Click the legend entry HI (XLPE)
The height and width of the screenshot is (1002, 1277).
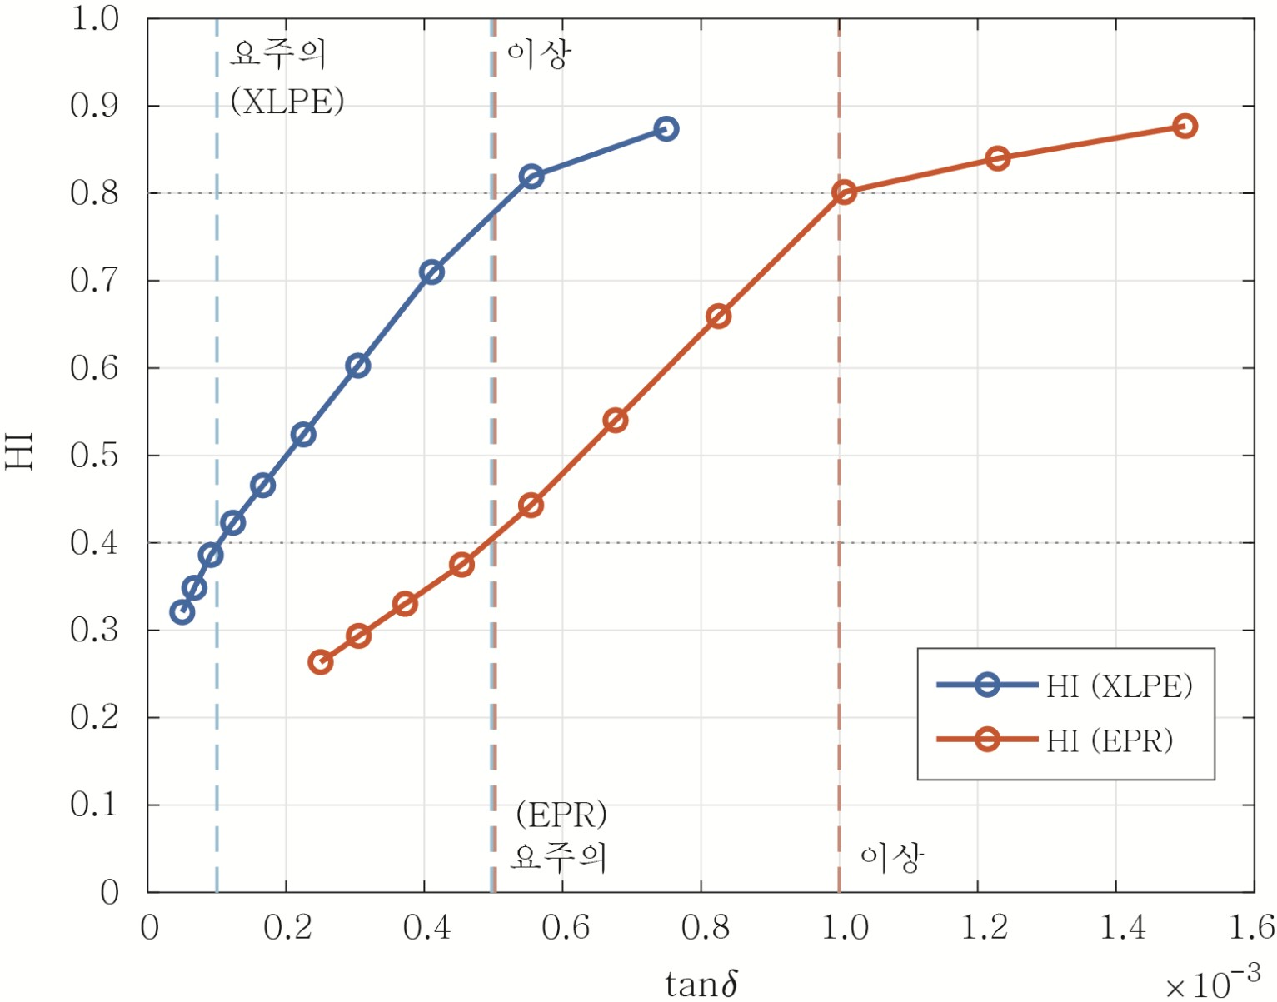[x=1119, y=686]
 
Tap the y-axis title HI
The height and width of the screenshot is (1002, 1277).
[x=20, y=451]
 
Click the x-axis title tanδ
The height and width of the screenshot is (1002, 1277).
[x=701, y=984]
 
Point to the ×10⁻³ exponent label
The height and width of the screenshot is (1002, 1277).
[x=1212, y=982]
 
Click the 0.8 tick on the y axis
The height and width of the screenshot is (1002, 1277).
[x=94, y=193]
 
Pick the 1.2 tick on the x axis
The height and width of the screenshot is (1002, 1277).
[x=984, y=927]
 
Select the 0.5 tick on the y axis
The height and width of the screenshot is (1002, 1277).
[x=94, y=456]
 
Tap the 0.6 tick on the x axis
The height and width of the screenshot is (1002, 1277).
[x=565, y=927]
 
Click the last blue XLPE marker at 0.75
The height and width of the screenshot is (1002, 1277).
[x=666, y=129]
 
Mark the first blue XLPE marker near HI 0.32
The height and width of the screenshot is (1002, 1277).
[x=182, y=612]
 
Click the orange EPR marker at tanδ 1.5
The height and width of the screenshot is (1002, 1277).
[x=1185, y=127]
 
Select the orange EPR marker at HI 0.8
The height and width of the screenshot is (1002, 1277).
[x=844, y=192]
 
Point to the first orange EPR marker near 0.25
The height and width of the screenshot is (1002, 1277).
[x=320, y=662]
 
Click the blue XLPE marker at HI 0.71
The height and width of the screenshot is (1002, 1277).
[x=431, y=272]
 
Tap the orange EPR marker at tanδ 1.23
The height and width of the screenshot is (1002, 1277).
[x=997, y=158]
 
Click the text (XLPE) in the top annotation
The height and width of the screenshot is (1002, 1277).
[x=287, y=102]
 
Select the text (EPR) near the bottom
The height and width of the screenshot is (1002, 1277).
[x=561, y=815]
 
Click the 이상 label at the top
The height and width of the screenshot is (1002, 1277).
[x=539, y=55]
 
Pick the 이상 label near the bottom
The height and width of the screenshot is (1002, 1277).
[x=891, y=857]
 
